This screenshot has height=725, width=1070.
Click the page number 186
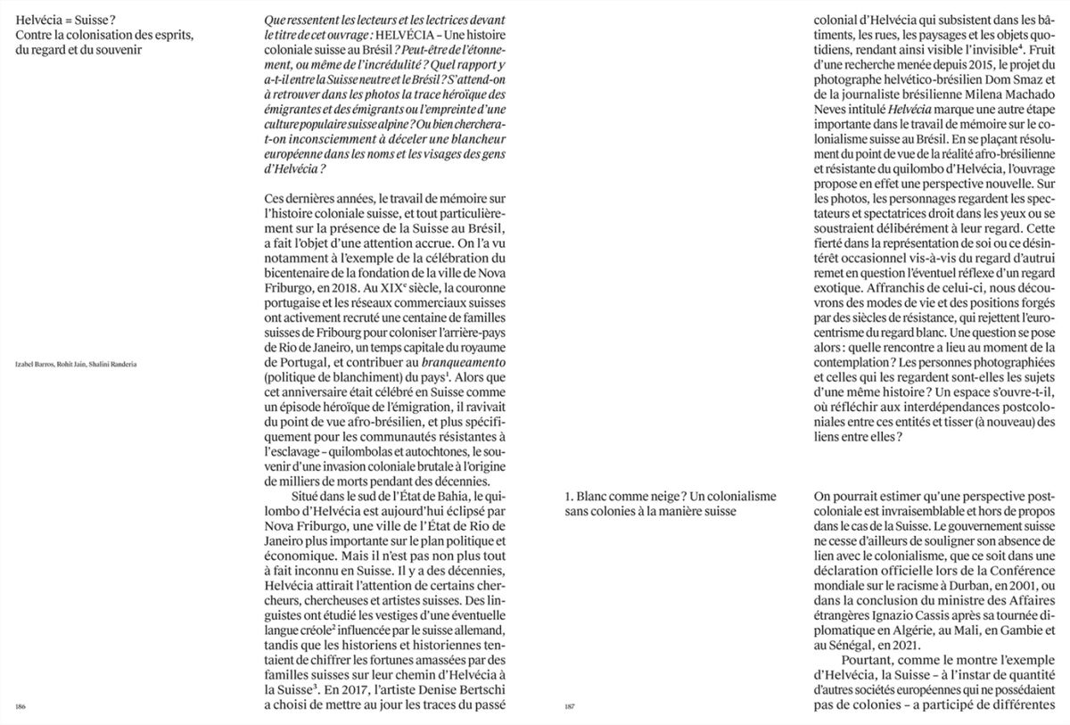[21, 706]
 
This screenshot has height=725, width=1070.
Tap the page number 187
[572, 706]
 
